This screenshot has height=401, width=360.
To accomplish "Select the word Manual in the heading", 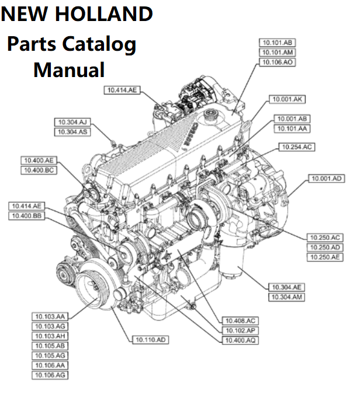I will click(69, 69).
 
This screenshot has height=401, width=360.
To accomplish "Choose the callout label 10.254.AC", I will click(296, 147).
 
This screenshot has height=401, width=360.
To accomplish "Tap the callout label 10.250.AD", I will click(326, 247).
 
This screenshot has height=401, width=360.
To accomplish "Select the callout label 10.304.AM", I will click(286, 298).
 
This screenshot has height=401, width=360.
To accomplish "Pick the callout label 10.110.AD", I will click(151, 339).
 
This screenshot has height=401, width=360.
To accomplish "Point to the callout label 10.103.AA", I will click(50, 316).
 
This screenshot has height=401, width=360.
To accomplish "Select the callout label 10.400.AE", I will click(39, 160).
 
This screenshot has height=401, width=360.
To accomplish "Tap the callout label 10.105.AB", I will click(50, 346).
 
